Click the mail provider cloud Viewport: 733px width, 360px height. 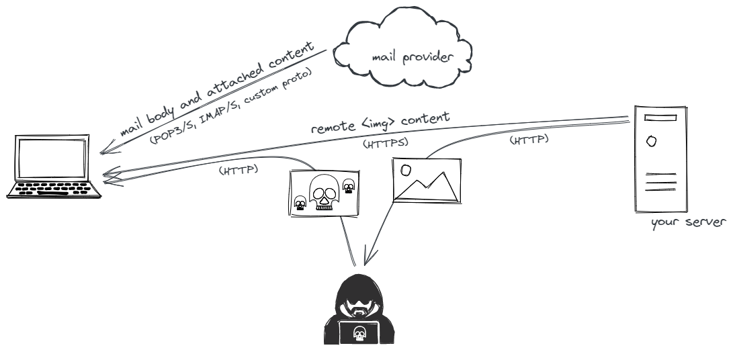pyautogui.click(x=403, y=54)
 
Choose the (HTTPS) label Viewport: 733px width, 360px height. pyautogui.click(x=386, y=142)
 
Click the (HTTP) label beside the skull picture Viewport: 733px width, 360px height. pyautogui.click(x=239, y=170)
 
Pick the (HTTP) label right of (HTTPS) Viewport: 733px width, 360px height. pyautogui.click(x=529, y=140)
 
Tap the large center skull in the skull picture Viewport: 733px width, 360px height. pyautogui.click(x=322, y=191)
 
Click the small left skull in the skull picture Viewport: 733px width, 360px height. pyautogui.click(x=300, y=203)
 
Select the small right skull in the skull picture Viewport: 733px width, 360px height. pyautogui.click(x=348, y=186)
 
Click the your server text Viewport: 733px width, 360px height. pyautogui.click(x=688, y=222)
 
